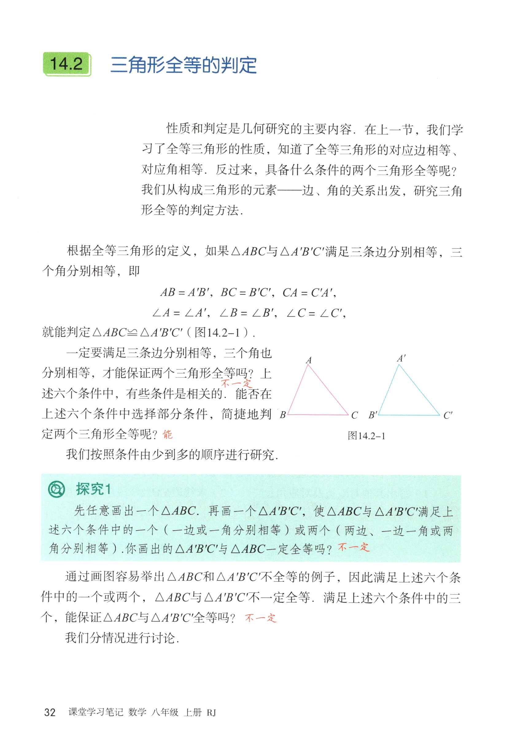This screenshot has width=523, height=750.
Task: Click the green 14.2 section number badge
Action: click(67, 64)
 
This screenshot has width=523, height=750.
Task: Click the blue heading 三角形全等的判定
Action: click(184, 65)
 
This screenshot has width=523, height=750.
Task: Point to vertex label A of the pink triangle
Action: click(308, 360)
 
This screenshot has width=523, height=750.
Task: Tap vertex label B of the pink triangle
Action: click(283, 415)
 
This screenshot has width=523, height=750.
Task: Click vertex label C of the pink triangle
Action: click(354, 416)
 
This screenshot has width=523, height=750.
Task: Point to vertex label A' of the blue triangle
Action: click(401, 359)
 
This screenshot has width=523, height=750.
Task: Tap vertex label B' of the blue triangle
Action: click(373, 415)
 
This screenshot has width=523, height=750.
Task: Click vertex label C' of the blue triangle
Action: click(447, 416)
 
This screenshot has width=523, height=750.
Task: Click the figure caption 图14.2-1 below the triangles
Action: click(366, 436)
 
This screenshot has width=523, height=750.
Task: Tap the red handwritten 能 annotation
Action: click(168, 435)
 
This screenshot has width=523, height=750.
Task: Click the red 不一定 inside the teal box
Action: click(353, 547)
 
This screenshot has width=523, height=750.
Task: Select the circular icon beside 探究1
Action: click(56, 489)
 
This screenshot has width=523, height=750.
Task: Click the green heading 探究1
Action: click(93, 489)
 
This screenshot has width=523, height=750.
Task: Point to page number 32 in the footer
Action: click(50, 712)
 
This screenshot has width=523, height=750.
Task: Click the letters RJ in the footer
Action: click(211, 713)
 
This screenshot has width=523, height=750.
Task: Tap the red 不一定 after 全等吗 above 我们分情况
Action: click(261, 618)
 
